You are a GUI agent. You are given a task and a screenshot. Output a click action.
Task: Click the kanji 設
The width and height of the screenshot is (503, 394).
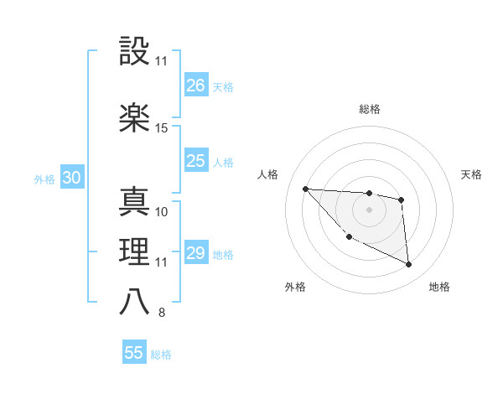coord(134,52)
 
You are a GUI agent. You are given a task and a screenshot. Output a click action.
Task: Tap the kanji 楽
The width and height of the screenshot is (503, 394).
coord(134,117)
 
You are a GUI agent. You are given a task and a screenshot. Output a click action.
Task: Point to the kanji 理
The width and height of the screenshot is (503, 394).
coord(134,251)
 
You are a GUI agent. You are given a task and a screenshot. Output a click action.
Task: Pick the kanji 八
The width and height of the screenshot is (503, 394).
coord(134,303)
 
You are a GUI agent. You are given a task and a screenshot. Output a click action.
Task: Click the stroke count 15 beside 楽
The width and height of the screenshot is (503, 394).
coord(162,127)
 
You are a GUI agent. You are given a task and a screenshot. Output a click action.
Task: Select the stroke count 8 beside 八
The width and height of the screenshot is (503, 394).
coord(161,314)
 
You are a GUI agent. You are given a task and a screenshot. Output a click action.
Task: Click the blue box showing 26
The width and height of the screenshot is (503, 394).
coord(195,85)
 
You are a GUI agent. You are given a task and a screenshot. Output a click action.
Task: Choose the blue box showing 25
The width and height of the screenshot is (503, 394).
coord(195,161)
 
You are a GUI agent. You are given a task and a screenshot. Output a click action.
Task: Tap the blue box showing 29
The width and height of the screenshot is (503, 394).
coord(195,253)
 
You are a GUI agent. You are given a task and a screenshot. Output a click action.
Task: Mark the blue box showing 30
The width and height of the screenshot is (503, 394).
coord(71,178)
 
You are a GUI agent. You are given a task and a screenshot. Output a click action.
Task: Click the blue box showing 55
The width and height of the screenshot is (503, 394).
coord(134,353)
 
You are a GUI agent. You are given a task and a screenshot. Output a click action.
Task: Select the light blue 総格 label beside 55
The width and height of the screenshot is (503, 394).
coord(161,355)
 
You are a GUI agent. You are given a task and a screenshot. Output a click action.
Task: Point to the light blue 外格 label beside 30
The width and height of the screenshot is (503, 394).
coord(44,179)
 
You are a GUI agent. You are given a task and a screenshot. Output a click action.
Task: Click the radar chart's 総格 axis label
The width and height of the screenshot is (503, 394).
coord(369,109)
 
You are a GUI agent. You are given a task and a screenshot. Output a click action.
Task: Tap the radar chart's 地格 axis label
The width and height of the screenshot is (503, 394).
coord(439,287)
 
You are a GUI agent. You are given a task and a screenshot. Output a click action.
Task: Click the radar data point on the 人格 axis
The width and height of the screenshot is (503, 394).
coord(305,189)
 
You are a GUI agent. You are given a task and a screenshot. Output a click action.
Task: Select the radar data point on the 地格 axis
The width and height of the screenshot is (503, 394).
coord(409,265)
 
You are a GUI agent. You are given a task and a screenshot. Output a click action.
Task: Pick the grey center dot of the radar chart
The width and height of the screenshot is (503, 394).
coord(369,209)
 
